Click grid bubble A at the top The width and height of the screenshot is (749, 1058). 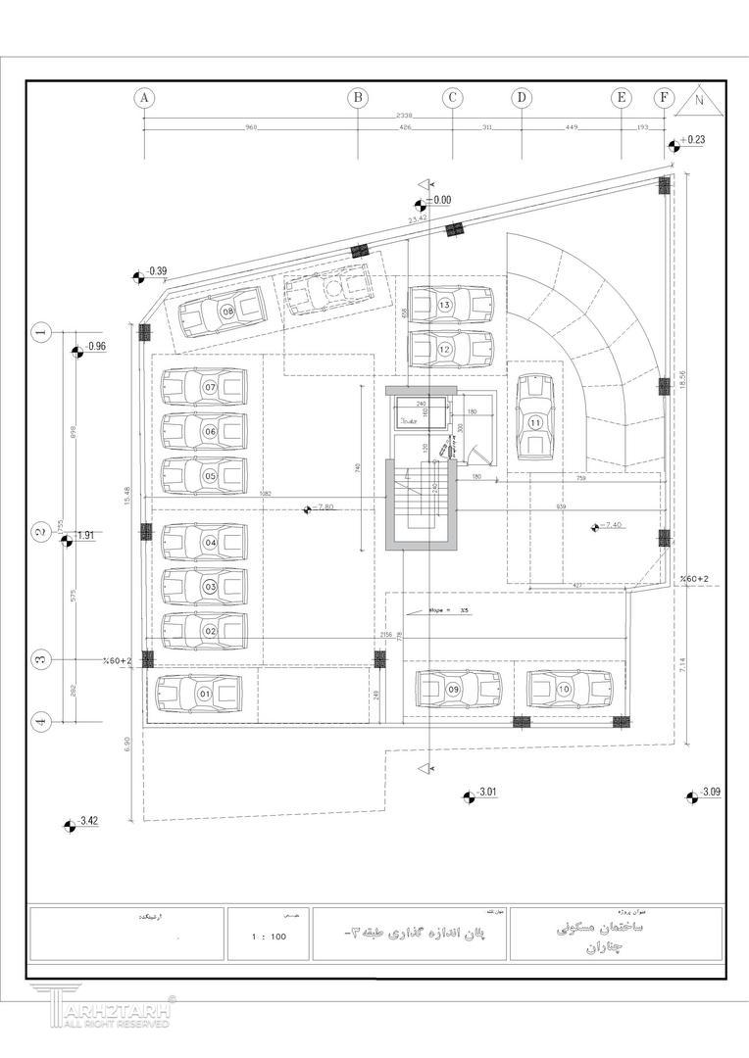(144, 97)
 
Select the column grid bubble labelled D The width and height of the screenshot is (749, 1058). (522, 97)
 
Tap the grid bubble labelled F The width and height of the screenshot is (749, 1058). (666, 97)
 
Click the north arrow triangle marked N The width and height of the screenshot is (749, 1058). (698, 98)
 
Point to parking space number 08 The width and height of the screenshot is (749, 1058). (226, 313)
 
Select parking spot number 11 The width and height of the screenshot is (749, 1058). (534, 421)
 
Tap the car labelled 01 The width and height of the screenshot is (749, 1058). (204, 694)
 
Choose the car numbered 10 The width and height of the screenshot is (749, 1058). (454, 690)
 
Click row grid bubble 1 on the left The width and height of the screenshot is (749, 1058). (41, 332)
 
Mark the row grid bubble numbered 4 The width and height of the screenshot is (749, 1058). (41, 723)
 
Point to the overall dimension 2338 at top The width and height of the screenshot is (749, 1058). (404, 116)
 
